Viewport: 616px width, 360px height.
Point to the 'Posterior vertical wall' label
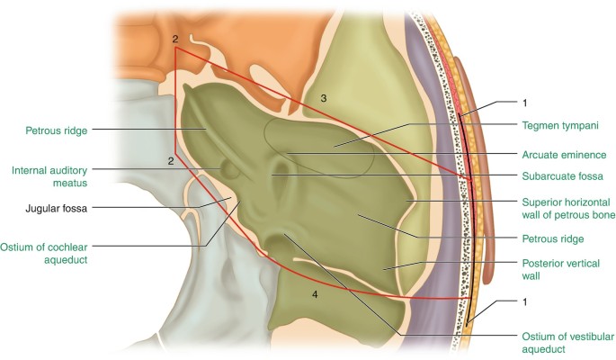[x=555, y=269]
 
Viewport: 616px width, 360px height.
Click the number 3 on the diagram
[x=325, y=96]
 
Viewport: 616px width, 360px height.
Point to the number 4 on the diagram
[x=314, y=294]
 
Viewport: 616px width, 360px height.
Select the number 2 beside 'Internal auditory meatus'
[x=169, y=161]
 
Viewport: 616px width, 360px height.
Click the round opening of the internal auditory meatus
[x=226, y=167]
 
